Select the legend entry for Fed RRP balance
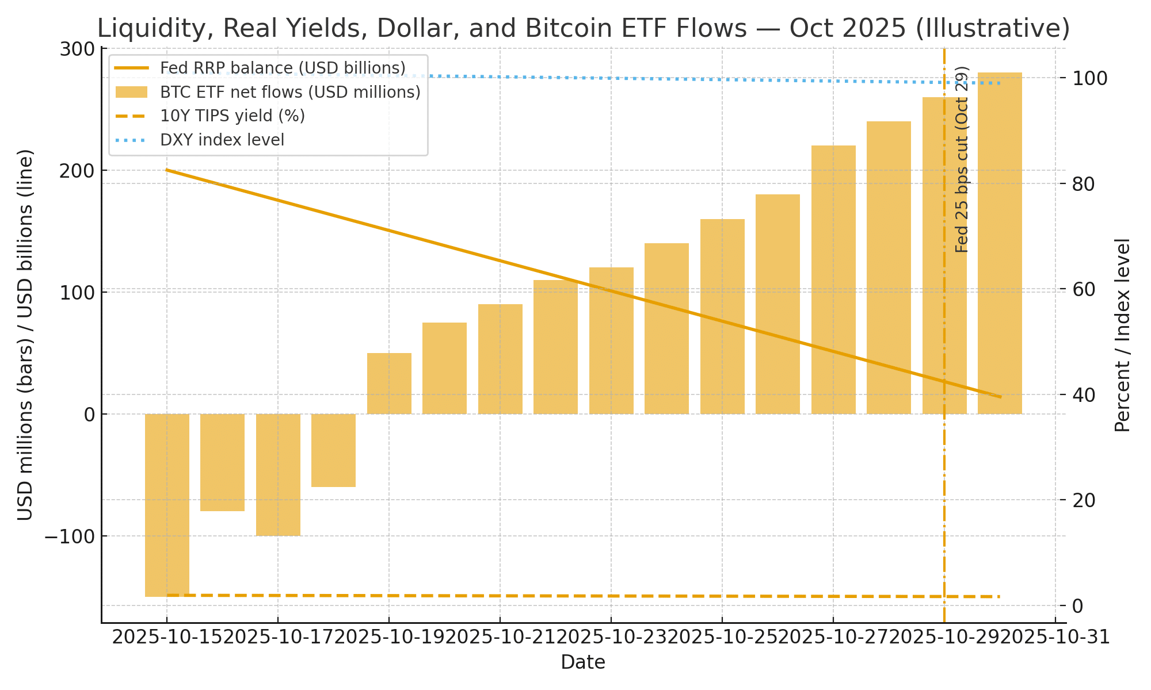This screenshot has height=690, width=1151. tap(283, 68)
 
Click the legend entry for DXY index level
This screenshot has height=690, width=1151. tap(222, 140)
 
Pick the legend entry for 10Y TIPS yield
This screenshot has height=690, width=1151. tap(233, 116)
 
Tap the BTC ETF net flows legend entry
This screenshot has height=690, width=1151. tap(290, 92)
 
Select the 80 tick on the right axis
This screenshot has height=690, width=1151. tap(1085, 184)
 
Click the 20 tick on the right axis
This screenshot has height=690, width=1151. tap(1085, 500)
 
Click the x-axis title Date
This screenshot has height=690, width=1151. tap(583, 663)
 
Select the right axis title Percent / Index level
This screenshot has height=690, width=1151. tap(1122, 335)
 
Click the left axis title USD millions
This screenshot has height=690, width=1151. tap(25, 335)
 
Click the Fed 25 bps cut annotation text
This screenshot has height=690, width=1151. tap(962, 160)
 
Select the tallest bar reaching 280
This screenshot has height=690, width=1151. tap(1000, 241)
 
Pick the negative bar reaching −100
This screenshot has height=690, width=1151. tap(278, 474)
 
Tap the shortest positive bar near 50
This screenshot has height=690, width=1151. tap(389, 384)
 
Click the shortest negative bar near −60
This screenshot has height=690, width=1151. tap(333, 450)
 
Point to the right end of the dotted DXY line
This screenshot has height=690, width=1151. tap(1000, 83)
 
